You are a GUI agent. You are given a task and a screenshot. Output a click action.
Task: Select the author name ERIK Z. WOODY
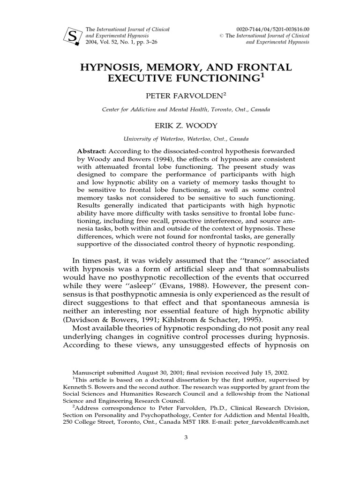[180, 126]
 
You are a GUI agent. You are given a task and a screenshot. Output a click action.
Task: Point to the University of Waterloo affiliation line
[180, 139]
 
